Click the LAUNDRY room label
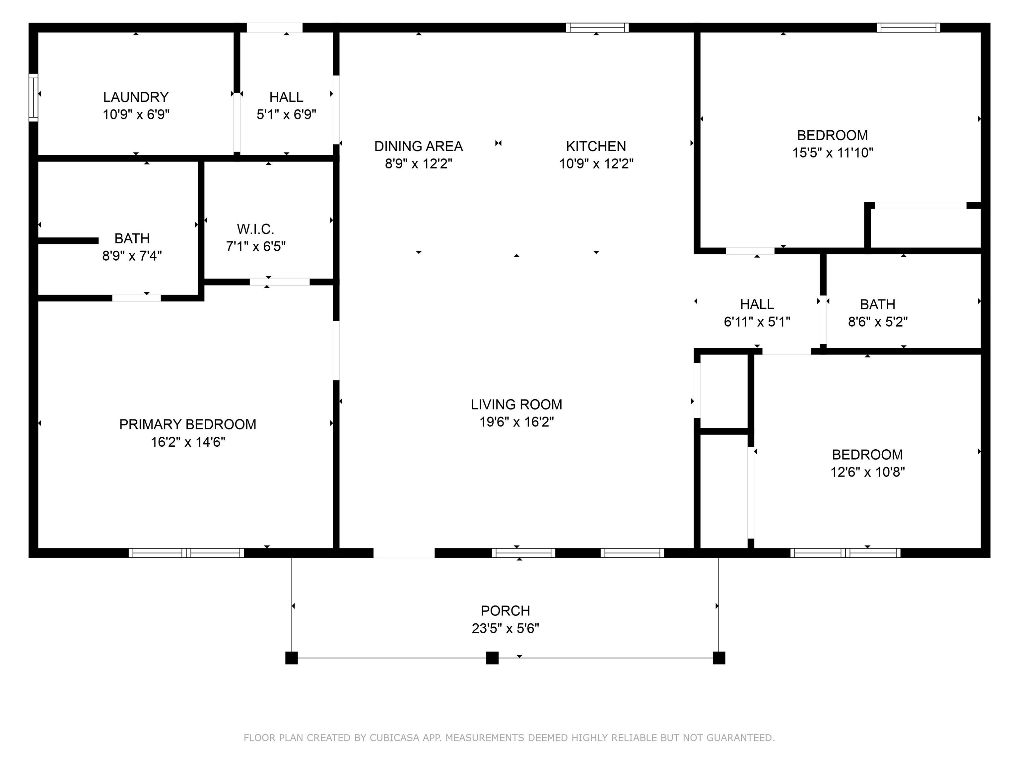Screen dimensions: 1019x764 tap(136, 97)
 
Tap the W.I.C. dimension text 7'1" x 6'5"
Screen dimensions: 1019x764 tap(256, 246)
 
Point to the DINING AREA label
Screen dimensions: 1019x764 tap(418, 147)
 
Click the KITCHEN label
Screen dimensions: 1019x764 tap(596, 147)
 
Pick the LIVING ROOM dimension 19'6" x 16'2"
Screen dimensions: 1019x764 tap(516, 422)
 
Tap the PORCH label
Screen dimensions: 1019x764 tap(506, 611)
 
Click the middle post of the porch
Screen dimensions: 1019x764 tap(493, 658)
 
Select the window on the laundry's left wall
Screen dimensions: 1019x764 tap(33, 97)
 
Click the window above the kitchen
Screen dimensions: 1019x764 tap(597, 28)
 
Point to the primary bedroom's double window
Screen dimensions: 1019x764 tap(186, 553)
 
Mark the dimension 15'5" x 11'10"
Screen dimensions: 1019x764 tap(833, 153)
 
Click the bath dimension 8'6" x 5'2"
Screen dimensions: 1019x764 tap(878, 321)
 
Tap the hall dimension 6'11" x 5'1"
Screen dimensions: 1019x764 tap(757, 321)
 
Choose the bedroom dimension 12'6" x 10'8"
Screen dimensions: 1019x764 tap(867, 472)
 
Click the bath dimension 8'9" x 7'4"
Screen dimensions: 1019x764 tap(132, 256)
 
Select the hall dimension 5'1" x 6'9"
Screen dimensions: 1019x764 tap(287, 114)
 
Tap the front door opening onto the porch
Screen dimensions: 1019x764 tap(404, 553)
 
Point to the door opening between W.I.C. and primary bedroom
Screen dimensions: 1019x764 tap(280, 282)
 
